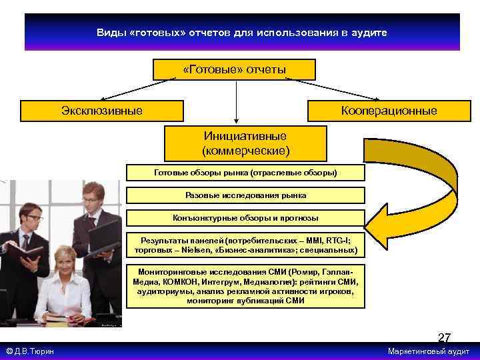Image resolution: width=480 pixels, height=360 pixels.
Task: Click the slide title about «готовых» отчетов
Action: (x=241, y=32)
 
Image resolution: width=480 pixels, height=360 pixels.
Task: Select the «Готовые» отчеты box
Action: (x=234, y=69)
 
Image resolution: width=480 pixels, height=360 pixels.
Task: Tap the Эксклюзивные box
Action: (x=101, y=111)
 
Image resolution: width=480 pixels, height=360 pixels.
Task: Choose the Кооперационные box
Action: (x=388, y=111)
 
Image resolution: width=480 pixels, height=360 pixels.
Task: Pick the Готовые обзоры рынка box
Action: (x=245, y=173)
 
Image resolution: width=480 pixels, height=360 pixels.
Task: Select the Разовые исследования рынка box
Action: (x=245, y=195)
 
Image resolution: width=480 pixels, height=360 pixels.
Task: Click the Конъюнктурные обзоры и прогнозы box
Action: (x=245, y=218)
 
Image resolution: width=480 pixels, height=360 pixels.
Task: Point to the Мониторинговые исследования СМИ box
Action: (x=245, y=287)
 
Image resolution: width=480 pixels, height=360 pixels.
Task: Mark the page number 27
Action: (x=444, y=337)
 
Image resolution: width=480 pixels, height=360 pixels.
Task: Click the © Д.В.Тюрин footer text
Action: (x=30, y=351)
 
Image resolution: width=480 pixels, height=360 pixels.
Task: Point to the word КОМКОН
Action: (x=175, y=282)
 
